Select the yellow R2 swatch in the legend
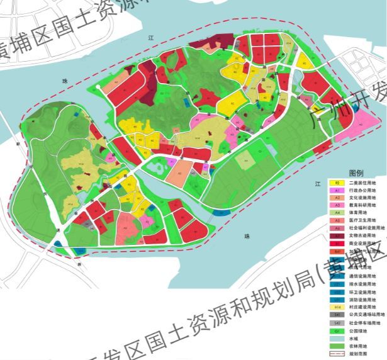pyautogui.click(x=337, y=182)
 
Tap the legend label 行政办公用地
pyautogui.click(x=366, y=189)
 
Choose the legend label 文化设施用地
pyautogui.click(x=366, y=197)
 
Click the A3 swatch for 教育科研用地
pyautogui.click(x=337, y=205)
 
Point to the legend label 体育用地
pyautogui.click(x=364, y=213)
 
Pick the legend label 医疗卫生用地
pyautogui.click(x=366, y=220)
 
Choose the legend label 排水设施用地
pyautogui.click(x=366, y=284)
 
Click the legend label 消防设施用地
pyautogui.click(x=366, y=299)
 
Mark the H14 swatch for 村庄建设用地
pyautogui.click(x=337, y=307)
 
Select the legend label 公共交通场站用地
pyautogui.click(x=369, y=315)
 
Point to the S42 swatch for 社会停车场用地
pyautogui.click(x=337, y=322)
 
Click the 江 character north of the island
pyautogui.click(x=151, y=38)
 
